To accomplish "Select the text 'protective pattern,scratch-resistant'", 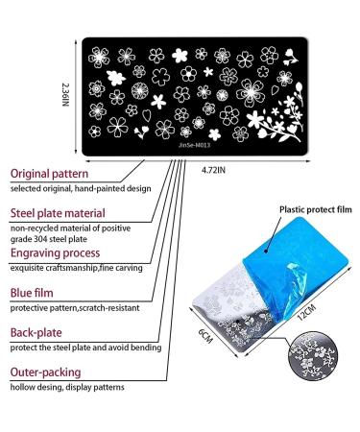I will tap(73, 308).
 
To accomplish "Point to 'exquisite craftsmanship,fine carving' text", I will tap(75, 272).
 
